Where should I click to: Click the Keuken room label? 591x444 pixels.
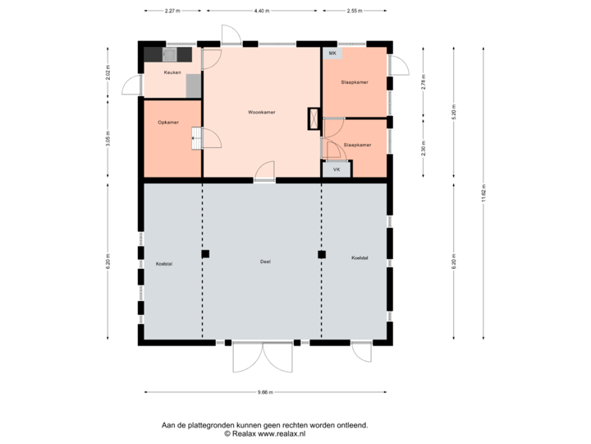coord(172,72)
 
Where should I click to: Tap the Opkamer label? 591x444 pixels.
coord(169,123)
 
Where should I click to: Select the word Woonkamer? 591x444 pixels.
coord(261,112)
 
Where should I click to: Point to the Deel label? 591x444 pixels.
coord(264,261)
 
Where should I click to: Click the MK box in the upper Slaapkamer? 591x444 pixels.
coord(332,53)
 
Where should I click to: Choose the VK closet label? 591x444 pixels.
coord(337,169)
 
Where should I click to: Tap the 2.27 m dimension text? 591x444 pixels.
coord(172,11)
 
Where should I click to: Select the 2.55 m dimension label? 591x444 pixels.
coord(354,11)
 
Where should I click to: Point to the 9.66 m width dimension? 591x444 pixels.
coord(264,392)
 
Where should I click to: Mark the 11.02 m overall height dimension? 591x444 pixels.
coord(483,193)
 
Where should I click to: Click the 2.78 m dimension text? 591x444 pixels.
coord(424,83)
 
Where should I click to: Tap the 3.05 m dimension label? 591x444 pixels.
coord(108,139)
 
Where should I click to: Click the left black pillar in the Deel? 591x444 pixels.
coord(206,254)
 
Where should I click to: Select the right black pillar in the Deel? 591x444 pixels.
coord(322,254)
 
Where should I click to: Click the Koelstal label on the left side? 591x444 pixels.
coord(163,263)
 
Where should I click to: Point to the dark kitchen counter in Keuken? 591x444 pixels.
coord(168,54)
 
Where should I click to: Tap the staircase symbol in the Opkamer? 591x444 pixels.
coord(196,137)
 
